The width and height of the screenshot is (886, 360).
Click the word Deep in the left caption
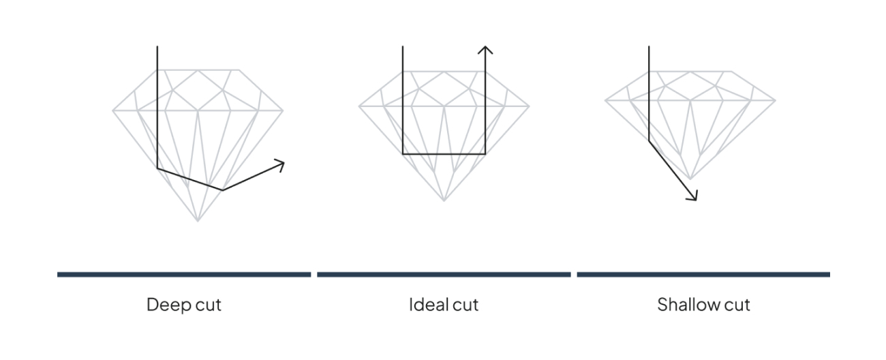(x=166, y=304)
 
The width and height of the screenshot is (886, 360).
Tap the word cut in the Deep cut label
(x=206, y=304)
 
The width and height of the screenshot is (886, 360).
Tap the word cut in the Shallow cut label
(x=735, y=304)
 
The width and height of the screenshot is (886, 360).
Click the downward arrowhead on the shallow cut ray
(x=694, y=198)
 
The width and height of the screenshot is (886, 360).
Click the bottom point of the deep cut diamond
(x=198, y=221)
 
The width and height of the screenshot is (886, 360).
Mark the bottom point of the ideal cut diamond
(x=444, y=200)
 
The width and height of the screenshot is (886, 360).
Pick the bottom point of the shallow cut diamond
(x=690, y=179)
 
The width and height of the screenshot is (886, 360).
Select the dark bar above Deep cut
(x=184, y=275)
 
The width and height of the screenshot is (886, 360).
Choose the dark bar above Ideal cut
(x=444, y=275)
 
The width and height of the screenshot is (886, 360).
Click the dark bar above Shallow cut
(x=703, y=275)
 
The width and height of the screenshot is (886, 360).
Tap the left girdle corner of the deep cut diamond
(x=113, y=110)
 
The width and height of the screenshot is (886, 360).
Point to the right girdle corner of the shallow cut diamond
(x=775, y=101)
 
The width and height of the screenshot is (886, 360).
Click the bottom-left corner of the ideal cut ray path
(x=403, y=154)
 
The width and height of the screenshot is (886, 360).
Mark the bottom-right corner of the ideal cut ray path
(x=485, y=154)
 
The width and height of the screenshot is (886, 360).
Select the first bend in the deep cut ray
(x=157, y=168)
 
